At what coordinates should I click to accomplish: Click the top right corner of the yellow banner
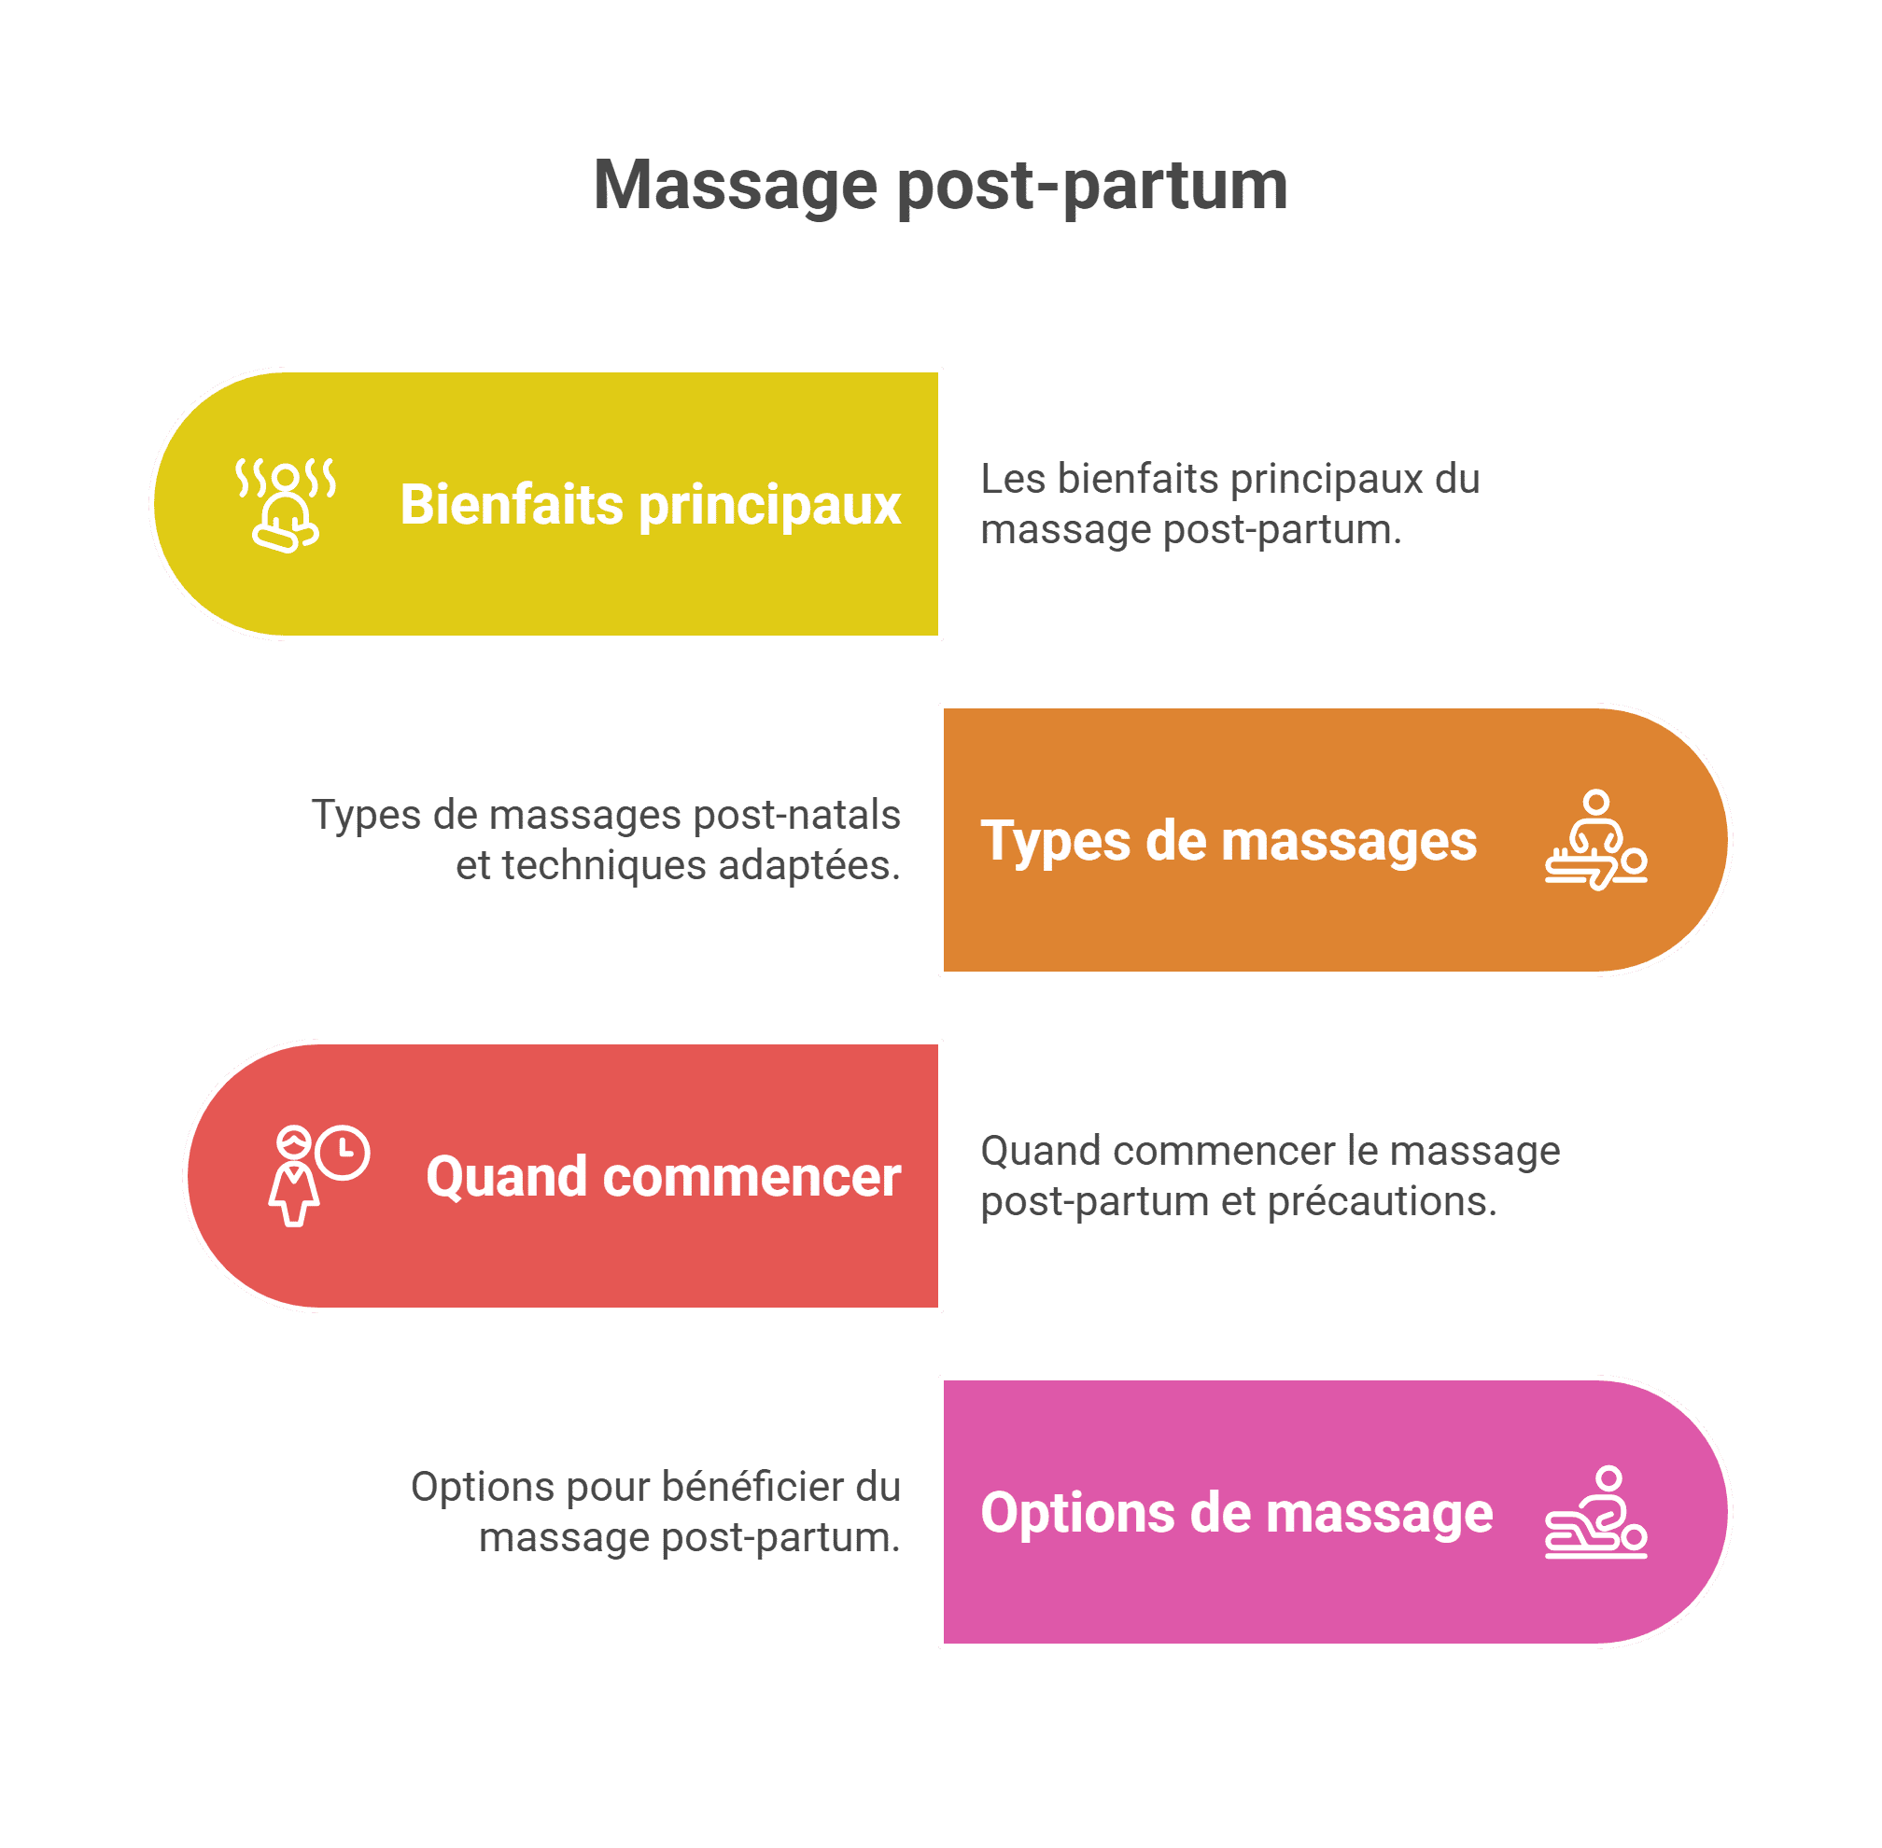937,372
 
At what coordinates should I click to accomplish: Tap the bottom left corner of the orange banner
945,971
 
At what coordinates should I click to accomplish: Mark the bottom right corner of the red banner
937,1307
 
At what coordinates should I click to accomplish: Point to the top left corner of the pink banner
945,1381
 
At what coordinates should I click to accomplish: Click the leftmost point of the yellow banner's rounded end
154,504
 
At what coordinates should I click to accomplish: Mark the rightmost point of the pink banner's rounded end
1728,1511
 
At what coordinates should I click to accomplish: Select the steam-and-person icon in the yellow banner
287,505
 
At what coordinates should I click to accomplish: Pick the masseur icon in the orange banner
1595,840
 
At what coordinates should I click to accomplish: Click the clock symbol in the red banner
343,1152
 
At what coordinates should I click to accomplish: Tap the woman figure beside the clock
293,1176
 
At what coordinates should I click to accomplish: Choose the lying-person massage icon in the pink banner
1595,1512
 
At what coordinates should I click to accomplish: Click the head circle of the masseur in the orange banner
1595,803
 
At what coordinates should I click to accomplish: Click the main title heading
940,185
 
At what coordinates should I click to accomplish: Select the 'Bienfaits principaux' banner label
651,505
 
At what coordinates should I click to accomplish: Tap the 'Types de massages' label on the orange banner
1229,841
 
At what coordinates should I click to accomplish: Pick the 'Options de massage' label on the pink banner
1237,1513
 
